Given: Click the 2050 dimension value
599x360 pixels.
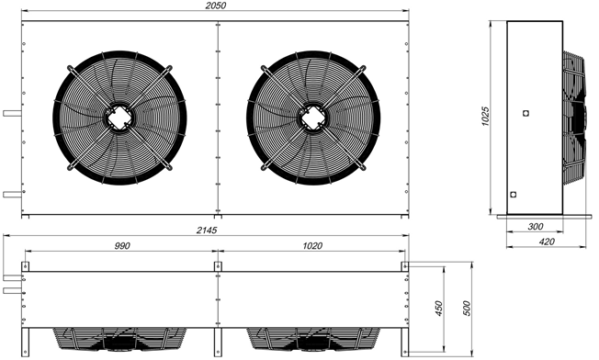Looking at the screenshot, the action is (x=216, y=6).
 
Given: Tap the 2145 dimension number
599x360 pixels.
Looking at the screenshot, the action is (x=207, y=231).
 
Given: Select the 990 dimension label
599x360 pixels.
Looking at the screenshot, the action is (x=122, y=246).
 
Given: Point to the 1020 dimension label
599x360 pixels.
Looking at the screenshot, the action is (x=312, y=246).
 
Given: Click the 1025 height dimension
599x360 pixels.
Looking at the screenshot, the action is (x=485, y=117).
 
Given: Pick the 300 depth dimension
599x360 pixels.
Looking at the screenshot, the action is (x=536, y=227).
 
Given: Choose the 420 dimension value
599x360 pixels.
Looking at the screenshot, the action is (x=547, y=242).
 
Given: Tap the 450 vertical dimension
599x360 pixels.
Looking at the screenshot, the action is (x=438, y=309).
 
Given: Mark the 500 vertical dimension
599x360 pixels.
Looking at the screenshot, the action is (x=467, y=309).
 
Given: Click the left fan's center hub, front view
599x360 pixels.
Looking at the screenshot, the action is (x=119, y=118).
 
